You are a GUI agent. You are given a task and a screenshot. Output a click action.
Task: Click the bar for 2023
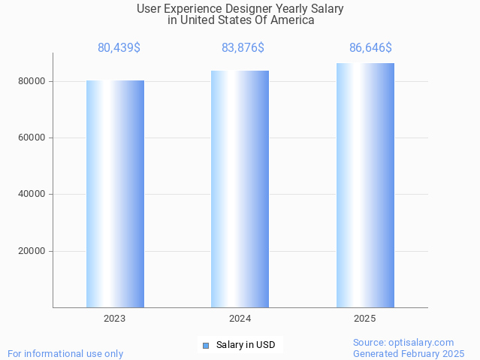[x=115, y=193]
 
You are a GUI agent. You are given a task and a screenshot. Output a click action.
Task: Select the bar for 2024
[x=240, y=189]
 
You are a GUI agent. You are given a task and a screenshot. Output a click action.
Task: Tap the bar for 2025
[x=365, y=185]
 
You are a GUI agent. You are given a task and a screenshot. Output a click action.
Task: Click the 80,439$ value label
[x=119, y=48]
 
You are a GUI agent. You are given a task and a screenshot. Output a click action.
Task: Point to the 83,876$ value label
[x=243, y=48]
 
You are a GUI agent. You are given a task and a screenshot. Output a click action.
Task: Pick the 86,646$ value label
[x=370, y=48]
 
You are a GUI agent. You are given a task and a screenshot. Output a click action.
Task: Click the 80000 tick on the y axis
[x=32, y=81]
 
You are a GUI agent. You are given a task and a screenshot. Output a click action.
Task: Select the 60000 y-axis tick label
[x=32, y=138]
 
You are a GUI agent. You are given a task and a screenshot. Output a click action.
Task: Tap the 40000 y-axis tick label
[x=32, y=195]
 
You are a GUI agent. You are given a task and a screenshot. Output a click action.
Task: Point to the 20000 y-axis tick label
[x=32, y=251]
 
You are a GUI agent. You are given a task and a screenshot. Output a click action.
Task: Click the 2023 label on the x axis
[x=115, y=319]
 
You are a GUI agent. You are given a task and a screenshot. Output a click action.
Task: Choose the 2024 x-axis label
[x=240, y=319]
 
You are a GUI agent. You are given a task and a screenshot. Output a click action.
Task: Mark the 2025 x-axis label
[x=365, y=319]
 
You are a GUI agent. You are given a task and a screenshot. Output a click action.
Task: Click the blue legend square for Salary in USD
[x=205, y=346]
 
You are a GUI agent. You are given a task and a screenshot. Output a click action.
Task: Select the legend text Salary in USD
[x=246, y=346]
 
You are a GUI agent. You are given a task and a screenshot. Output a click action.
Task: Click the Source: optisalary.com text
[x=403, y=342]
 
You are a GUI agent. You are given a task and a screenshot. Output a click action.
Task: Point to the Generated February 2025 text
[x=409, y=353]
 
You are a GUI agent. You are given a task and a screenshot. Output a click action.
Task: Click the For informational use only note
[x=65, y=353]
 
